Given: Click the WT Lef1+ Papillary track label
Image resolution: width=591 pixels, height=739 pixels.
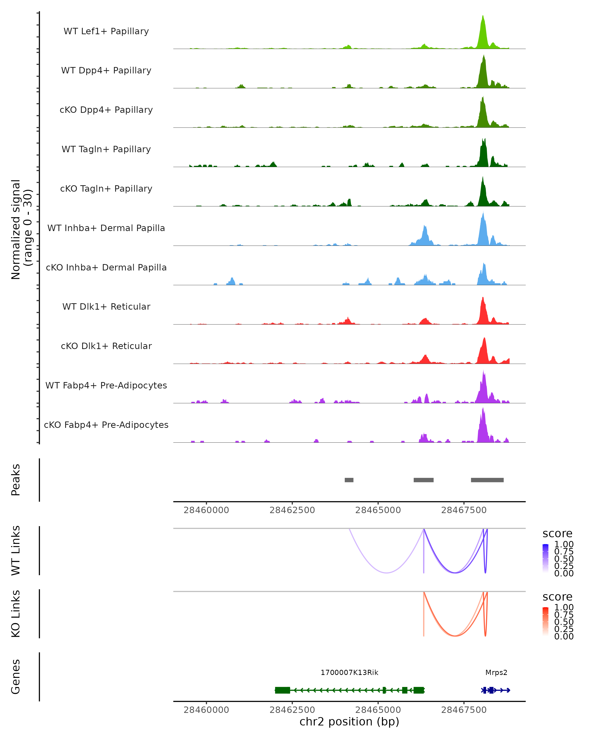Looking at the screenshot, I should point(106,31).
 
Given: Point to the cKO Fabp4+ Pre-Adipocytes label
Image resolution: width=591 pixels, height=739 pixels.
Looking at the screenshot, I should point(106,425).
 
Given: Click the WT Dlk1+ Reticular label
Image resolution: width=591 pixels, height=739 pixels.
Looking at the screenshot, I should point(106,306).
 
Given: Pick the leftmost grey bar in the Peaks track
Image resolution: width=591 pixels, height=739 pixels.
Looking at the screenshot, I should point(349,480).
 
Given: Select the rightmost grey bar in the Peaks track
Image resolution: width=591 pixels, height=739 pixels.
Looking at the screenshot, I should point(487,480).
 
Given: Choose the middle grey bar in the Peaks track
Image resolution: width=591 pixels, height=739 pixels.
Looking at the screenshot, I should point(424,480).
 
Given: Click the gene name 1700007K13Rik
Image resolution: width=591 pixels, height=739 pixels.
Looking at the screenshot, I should point(349,672).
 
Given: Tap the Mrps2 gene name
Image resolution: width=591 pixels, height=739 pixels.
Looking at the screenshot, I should point(496,672).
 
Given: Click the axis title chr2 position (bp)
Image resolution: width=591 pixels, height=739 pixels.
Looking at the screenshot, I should point(349,722).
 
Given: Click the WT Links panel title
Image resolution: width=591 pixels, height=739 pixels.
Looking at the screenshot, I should point(16,551).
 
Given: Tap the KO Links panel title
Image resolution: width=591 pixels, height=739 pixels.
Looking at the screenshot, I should point(16,614).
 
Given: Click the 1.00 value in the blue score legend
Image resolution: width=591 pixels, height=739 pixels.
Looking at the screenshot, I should point(564,544).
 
